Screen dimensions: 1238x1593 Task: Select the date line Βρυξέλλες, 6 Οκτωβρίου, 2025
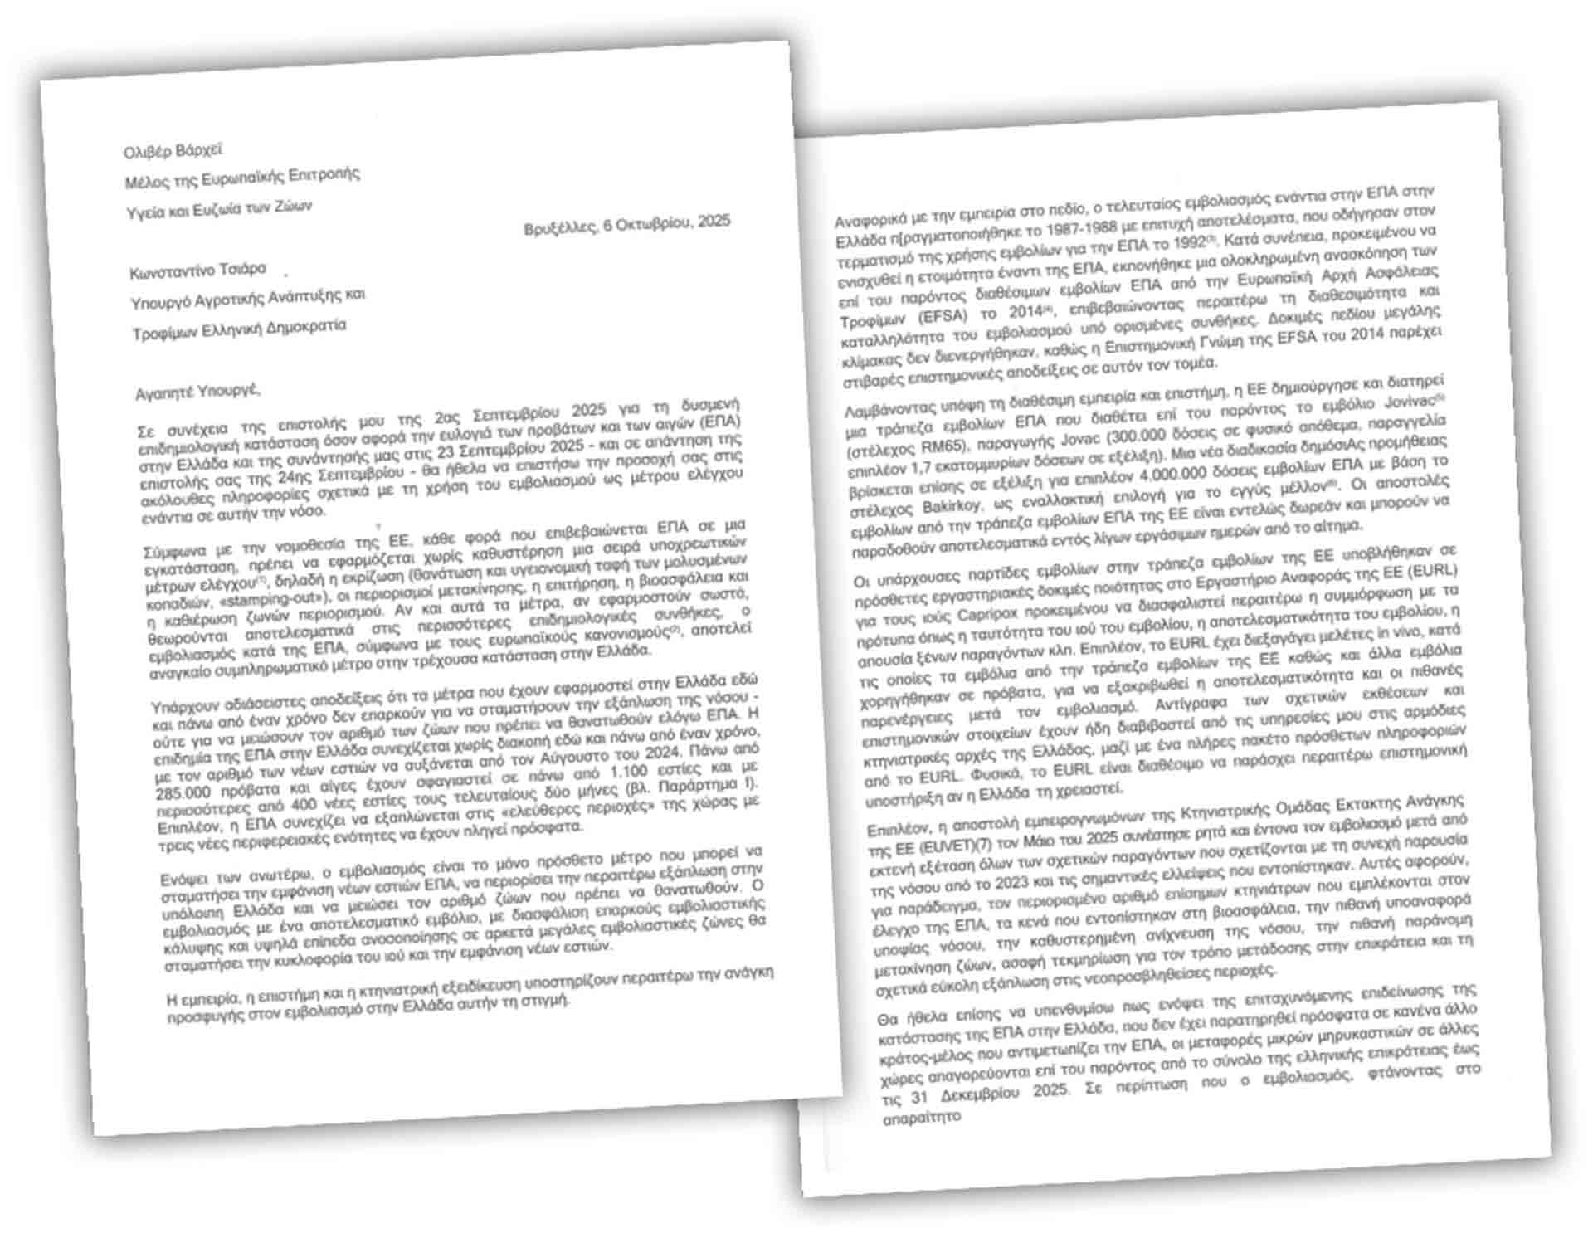pos(627,224)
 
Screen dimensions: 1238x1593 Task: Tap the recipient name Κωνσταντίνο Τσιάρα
pos(197,271)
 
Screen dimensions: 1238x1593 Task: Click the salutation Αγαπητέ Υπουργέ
pos(198,389)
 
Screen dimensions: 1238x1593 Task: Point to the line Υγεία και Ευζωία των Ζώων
pos(219,209)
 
